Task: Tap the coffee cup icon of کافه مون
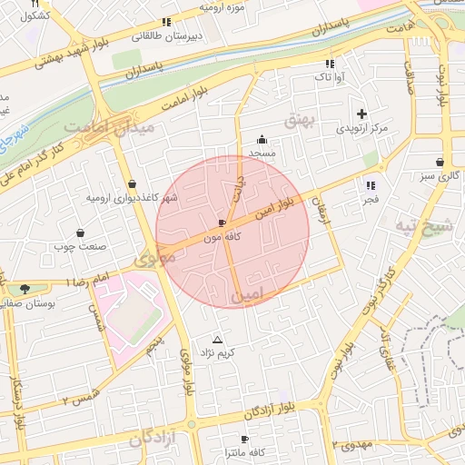click(223, 223)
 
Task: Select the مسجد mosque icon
click(262, 139)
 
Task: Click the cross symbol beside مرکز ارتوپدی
click(362, 114)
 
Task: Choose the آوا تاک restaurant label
click(328, 78)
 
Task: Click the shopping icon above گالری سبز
click(440, 163)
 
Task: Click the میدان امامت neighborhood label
click(113, 126)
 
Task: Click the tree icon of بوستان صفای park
click(25, 289)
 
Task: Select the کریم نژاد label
click(217, 351)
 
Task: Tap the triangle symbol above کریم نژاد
click(217, 339)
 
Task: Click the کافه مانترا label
click(244, 451)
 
